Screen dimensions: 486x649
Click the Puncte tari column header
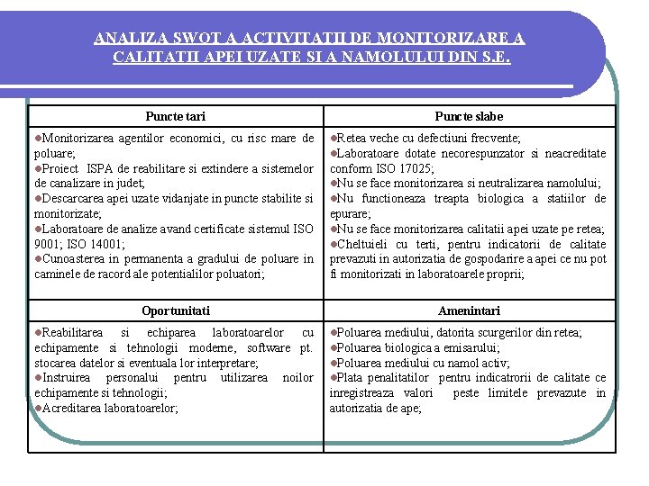click(x=175, y=116)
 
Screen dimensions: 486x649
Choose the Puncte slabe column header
click(x=469, y=116)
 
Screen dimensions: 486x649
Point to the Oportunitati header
click(x=175, y=310)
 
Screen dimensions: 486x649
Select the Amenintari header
click(x=469, y=310)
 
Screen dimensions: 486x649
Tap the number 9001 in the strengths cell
click(x=48, y=243)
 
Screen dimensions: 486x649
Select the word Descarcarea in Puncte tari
click(x=73, y=198)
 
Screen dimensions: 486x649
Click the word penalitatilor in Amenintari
click(x=402, y=378)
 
